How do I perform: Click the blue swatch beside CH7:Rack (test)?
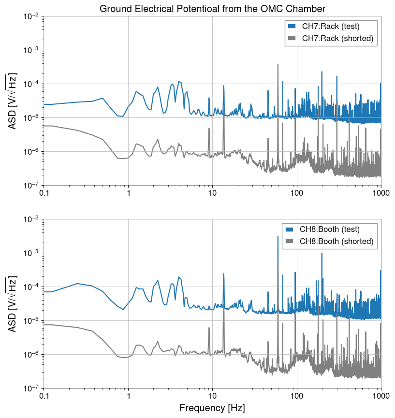tap(292, 26)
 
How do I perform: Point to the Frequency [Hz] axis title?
tap(212, 408)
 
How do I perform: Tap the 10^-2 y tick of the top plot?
tap(31, 16)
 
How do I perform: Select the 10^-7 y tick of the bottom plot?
tap(31, 389)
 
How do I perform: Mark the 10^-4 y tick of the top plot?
tap(31, 84)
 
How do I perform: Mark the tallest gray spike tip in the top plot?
tap(278, 64)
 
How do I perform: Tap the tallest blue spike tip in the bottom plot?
tap(278, 236)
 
